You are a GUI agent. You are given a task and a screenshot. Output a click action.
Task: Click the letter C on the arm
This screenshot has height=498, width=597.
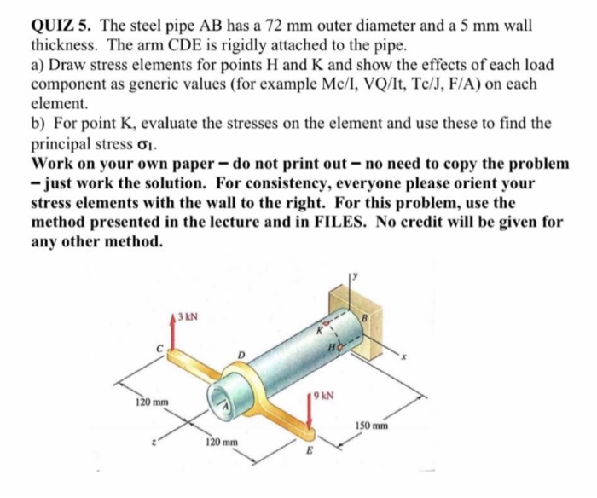pyautogui.click(x=159, y=348)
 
